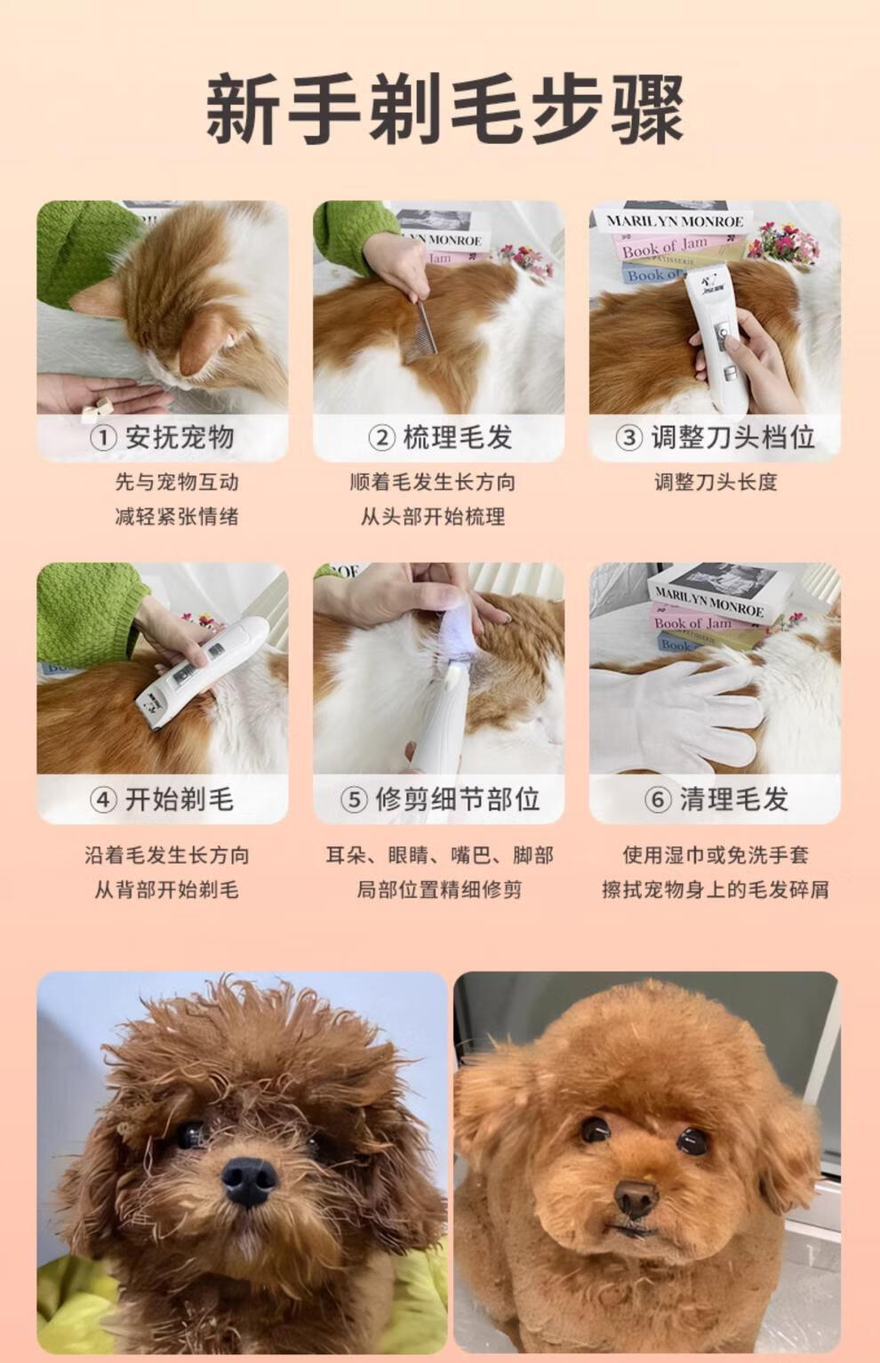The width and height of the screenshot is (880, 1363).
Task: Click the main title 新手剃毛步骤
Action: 444,109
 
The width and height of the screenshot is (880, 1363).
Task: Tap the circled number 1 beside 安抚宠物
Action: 103,437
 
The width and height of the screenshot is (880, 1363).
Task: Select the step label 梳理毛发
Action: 457,437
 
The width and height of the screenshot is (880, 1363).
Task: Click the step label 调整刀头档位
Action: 732,437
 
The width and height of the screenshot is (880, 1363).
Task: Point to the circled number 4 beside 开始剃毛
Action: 103,799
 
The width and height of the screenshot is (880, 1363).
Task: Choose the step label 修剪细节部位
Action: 457,799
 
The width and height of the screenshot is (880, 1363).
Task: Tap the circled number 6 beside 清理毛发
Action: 658,799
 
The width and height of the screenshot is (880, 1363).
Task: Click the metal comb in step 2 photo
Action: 420,332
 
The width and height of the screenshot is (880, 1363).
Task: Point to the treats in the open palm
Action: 98,409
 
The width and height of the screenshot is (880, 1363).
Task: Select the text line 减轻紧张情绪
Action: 177,517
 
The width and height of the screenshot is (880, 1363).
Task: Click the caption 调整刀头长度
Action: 716,482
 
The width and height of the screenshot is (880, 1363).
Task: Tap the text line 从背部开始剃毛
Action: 166,890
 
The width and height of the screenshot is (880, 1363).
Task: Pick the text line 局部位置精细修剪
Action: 439,890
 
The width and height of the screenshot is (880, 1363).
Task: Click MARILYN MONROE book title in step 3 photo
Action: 675,221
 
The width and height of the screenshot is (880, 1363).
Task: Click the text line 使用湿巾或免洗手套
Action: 716,855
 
